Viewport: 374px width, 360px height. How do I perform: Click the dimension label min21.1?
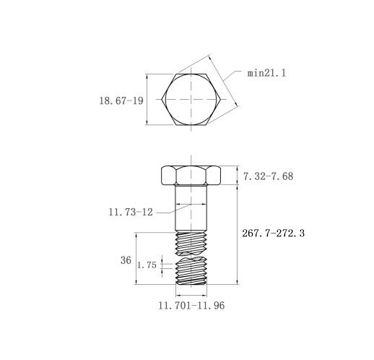pos(266,73)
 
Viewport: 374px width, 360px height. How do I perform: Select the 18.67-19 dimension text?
pos(121,100)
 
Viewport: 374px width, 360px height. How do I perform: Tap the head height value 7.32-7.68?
pos(268,176)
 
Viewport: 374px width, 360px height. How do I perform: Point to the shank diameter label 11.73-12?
pos(131,212)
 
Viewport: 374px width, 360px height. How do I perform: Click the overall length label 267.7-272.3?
pos(273,233)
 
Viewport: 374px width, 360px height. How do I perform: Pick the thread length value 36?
pos(126,260)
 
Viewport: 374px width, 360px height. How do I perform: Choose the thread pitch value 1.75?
pos(147,265)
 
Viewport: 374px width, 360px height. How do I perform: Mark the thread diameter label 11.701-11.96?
pos(191,305)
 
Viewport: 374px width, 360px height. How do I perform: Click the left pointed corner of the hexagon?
pos(162,99)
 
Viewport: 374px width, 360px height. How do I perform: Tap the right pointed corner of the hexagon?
pos(221,99)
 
